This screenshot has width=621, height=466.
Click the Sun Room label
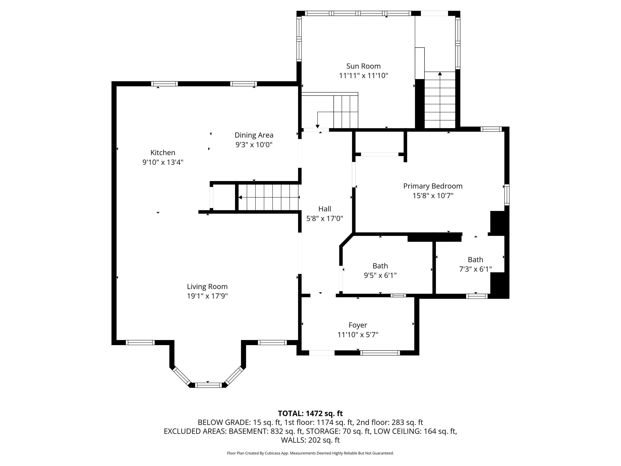click(363, 66)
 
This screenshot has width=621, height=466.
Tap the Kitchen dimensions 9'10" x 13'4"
click(163, 162)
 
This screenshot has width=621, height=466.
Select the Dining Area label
click(254, 135)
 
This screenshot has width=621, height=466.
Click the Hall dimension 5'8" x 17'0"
click(325, 218)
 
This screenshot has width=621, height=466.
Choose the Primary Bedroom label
click(433, 186)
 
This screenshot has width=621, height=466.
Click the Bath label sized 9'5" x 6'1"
click(380, 266)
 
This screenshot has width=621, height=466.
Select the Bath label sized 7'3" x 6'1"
click(475, 259)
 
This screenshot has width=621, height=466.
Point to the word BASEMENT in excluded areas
click(248, 431)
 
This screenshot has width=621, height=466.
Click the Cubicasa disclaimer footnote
click(310, 453)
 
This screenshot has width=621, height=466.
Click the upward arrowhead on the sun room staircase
click(440, 74)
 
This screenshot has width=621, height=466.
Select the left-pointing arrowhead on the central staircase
click(240, 198)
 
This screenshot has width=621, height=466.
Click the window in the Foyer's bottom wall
click(380, 353)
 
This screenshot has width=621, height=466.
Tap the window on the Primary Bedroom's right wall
click(507, 195)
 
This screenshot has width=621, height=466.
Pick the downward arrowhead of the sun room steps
click(318, 126)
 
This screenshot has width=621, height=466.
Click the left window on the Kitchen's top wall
click(164, 84)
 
